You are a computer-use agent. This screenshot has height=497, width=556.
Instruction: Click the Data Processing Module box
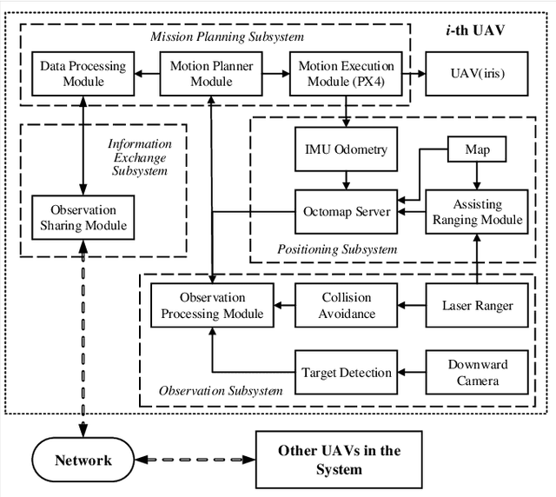coord(83,74)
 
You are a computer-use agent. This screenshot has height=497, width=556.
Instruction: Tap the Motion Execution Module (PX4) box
coord(346,74)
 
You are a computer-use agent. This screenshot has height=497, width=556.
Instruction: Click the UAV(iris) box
coord(476,74)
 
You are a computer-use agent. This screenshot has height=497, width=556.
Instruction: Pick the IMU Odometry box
coord(346,150)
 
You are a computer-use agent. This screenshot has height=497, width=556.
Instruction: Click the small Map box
coord(477,150)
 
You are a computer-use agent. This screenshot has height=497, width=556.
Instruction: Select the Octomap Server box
coord(346,211)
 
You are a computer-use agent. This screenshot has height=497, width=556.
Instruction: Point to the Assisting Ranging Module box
coord(477,211)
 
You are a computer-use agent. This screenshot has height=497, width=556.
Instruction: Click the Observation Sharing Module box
coord(83,218)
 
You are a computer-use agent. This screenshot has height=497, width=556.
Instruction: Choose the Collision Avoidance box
coord(347,305)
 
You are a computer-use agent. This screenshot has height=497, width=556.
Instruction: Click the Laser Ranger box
coord(477,305)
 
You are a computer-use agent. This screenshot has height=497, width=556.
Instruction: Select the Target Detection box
coord(347,372)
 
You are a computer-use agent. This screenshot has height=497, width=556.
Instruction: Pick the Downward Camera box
coord(477,372)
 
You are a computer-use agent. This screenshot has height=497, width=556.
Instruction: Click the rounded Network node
coord(84,460)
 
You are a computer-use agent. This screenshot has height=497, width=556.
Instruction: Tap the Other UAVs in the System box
coord(340,460)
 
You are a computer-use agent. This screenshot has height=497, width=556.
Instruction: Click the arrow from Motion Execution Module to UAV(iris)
coord(409,74)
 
